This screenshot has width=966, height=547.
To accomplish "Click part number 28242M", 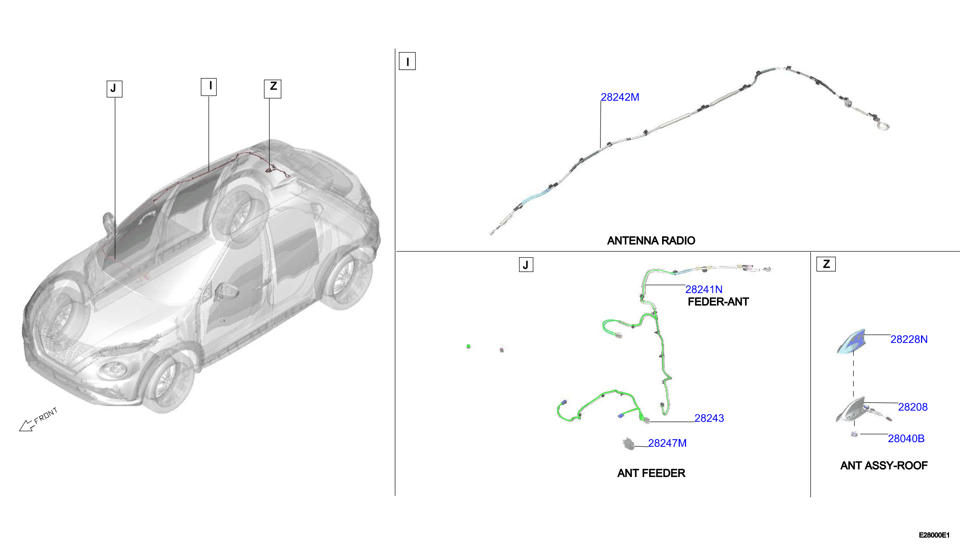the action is pyautogui.click(x=619, y=97).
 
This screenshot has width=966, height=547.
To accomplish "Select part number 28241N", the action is pyautogui.click(x=704, y=290).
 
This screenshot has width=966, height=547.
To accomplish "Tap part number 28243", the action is pyautogui.click(x=709, y=418).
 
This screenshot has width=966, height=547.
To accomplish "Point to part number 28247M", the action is pyautogui.click(x=667, y=443).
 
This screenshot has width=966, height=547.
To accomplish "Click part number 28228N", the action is pyautogui.click(x=909, y=339).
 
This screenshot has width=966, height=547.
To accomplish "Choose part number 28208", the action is pyautogui.click(x=913, y=407).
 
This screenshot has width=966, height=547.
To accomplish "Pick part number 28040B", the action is pyautogui.click(x=906, y=439).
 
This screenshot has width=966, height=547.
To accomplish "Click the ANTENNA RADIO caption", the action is pyautogui.click(x=651, y=241).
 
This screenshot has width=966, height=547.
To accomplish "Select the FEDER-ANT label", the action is pyautogui.click(x=718, y=302).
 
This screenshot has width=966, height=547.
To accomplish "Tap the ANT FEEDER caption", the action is pyautogui.click(x=651, y=473).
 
